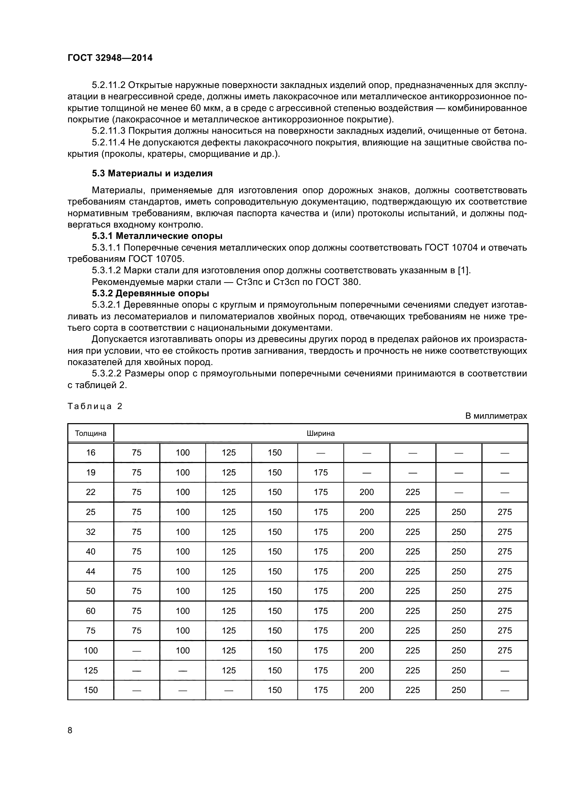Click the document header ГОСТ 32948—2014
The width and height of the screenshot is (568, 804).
110,58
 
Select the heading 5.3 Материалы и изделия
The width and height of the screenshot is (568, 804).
152,173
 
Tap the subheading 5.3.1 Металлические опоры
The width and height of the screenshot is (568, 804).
157,236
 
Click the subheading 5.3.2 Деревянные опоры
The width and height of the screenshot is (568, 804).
150,293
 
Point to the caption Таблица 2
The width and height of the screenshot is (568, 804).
95,406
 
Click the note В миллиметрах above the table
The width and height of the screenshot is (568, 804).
496,416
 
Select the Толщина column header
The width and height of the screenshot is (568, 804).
91,433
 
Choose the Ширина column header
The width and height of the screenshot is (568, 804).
320,433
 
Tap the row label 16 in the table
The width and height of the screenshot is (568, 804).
91,453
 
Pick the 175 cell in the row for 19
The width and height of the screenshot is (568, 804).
320,473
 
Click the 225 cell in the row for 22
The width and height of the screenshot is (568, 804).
412,492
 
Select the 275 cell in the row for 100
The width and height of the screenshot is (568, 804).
504,651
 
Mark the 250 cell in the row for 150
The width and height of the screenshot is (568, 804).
458,690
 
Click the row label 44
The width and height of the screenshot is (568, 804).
91,572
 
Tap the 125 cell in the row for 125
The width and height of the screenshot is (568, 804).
228,671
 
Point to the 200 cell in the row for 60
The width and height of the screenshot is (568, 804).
366,611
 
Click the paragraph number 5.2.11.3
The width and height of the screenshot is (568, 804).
109,131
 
